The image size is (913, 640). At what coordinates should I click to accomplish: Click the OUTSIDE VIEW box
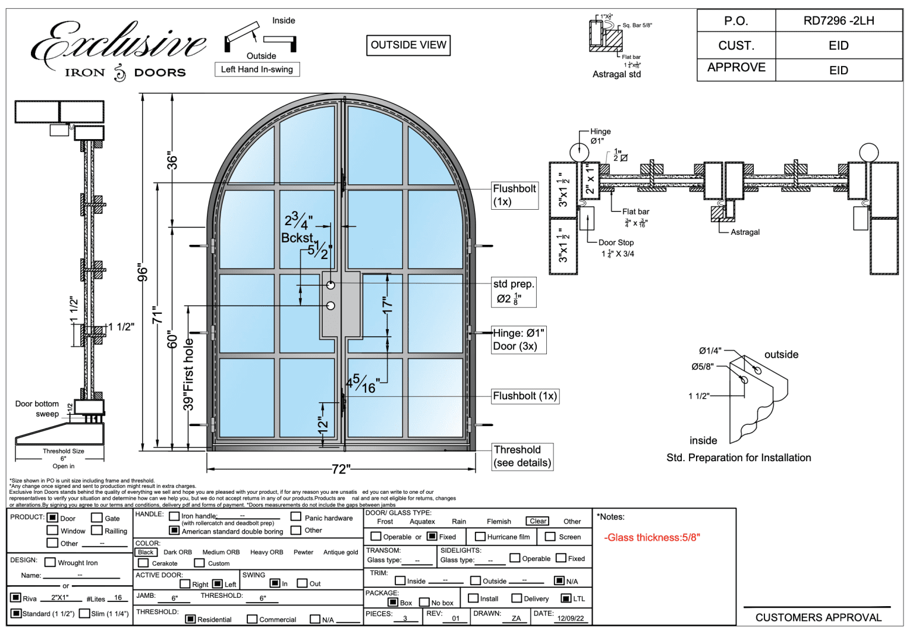coord(408,45)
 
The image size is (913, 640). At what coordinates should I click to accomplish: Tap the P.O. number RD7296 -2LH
coord(838,21)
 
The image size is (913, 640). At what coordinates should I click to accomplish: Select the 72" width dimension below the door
coord(341,469)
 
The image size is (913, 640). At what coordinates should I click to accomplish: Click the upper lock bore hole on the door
coord(331,285)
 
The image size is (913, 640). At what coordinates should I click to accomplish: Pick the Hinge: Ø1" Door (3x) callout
coord(518,340)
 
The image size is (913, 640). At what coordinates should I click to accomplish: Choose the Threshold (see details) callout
coord(522,456)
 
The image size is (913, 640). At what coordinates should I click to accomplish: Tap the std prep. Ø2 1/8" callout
coord(514,292)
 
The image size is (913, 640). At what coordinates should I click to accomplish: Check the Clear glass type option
coord(538,521)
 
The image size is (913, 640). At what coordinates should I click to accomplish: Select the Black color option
coord(146,552)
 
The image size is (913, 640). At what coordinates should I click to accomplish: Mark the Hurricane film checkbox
coord(480,537)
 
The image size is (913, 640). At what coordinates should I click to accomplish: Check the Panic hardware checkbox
coord(296,516)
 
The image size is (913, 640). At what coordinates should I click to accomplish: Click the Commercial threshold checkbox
coord(252,619)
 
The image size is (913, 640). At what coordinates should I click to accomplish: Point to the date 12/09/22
coord(570,618)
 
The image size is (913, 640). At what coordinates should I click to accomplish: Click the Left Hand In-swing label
coord(257,70)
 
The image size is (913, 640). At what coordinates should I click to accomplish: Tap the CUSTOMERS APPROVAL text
coord(818,617)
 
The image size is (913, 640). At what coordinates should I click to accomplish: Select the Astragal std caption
coord(616,74)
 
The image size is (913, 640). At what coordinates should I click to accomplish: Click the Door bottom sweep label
coord(37,409)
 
